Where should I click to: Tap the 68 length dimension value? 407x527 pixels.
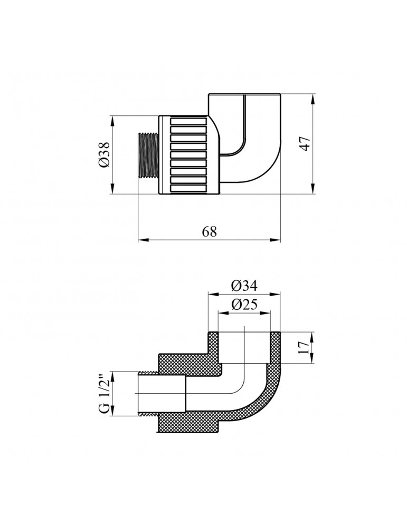[x=210, y=232]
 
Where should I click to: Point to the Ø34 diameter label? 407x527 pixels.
[x=244, y=286]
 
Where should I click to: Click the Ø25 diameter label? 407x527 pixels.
[x=244, y=305]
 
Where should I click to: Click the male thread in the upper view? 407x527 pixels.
[x=148, y=155]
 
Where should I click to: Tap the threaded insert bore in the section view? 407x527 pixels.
[x=161, y=394]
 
